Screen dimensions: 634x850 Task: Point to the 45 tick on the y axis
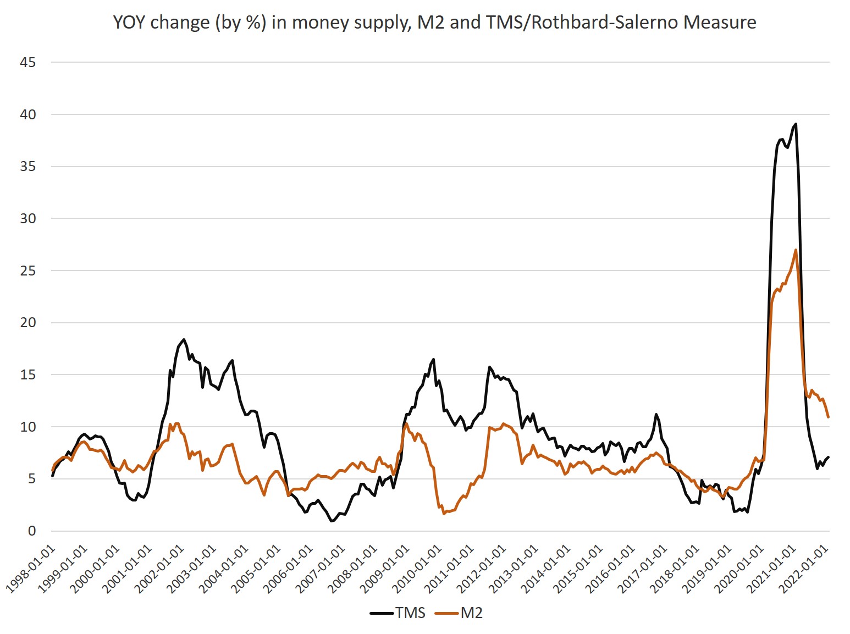pos(27,63)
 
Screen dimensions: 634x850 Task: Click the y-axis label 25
pos(27,271)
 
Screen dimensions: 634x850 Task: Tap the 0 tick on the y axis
pos(31,531)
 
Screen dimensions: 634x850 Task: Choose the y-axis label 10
pos(27,427)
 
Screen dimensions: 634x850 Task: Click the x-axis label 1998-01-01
pos(32,569)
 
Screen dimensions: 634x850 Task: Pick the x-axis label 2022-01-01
pos(805,569)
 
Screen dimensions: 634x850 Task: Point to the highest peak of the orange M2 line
pos(796,250)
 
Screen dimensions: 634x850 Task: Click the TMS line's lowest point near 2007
pos(332,521)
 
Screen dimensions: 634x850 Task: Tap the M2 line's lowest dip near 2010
pos(444,514)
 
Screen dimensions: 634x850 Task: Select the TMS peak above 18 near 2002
pos(184,339)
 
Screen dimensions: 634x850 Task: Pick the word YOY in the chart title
pos(130,22)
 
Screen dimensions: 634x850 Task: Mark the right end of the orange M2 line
pos(828,417)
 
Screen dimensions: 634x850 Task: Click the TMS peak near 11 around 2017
pos(656,414)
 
